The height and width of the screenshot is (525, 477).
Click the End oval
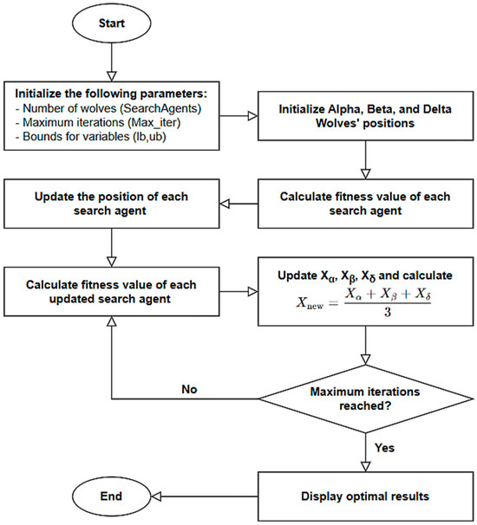(x=111, y=497)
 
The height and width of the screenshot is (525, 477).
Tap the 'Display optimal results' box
(x=364, y=497)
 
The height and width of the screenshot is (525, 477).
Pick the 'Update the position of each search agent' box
(x=111, y=204)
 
